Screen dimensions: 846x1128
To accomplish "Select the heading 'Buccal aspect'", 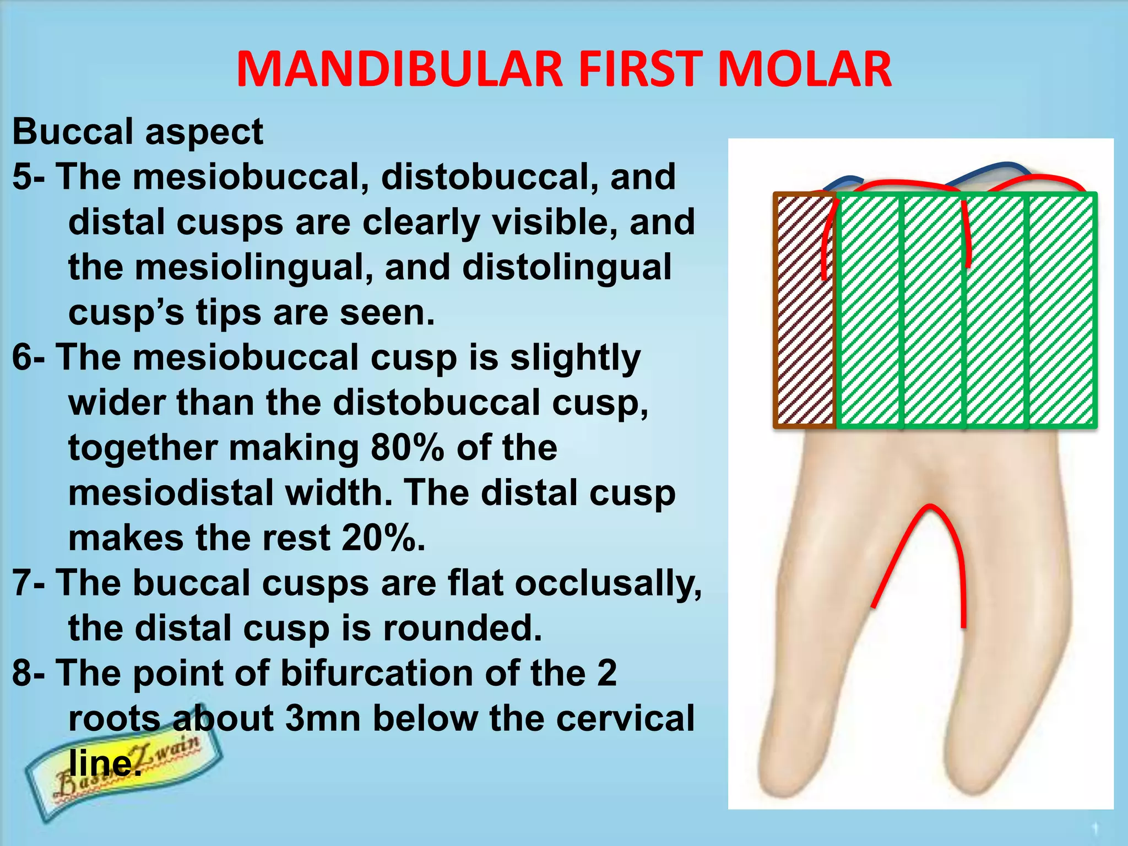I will click(x=138, y=132).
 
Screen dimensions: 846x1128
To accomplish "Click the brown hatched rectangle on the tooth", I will click(x=805, y=310).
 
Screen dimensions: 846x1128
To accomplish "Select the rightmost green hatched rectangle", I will click(x=1062, y=310).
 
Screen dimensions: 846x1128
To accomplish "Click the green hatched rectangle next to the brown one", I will click(x=869, y=310).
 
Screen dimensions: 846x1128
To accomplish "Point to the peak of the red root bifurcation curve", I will click(x=930, y=507).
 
